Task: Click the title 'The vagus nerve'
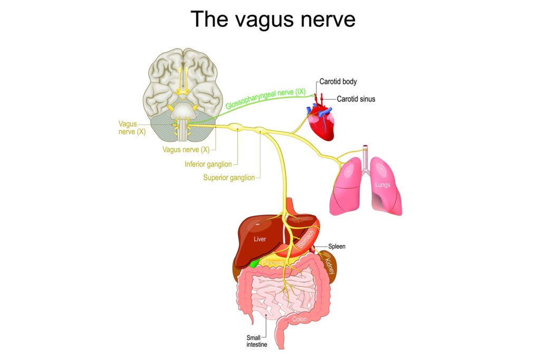tap(273, 19)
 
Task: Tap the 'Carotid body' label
tap(338, 82)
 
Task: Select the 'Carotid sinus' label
tap(356, 99)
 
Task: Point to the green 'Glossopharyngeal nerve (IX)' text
tap(266, 99)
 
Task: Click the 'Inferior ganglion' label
tap(208, 164)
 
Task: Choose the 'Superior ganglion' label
tap(229, 178)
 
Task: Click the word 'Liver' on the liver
tap(259, 239)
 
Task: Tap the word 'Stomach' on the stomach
tap(306, 239)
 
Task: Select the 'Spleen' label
tap(336, 247)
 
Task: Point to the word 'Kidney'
tap(330, 266)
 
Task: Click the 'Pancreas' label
tap(273, 262)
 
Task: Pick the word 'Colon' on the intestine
tap(300, 319)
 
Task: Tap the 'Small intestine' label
tap(257, 341)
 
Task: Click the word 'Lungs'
tap(382, 185)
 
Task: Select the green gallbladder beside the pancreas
tap(254, 264)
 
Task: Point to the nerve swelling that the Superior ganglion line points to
tap(261, 130)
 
